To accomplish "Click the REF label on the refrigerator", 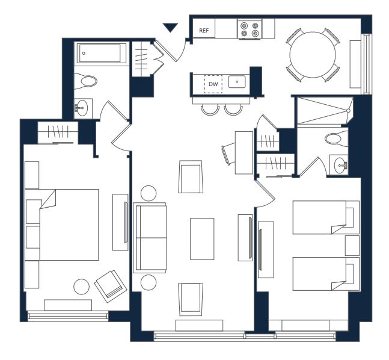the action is point(204,31).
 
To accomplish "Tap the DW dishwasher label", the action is point(213,84).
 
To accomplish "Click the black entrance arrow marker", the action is point(170,28).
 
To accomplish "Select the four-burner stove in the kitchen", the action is point(250,29).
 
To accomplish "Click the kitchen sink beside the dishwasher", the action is point(237,82).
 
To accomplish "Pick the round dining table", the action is point(313,55).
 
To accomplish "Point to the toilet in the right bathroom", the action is point(337,138).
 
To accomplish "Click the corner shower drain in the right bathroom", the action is point(348,111).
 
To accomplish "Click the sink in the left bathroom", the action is point(81,108).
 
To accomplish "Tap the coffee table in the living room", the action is point(202,239).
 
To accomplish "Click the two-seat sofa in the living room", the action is point(150,238).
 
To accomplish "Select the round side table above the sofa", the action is point(149,193).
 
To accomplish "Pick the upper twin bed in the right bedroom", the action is point(326,217).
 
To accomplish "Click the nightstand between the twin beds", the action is point(352,246).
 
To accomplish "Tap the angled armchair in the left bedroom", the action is point(111,286).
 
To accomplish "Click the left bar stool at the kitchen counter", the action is point(210,110).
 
